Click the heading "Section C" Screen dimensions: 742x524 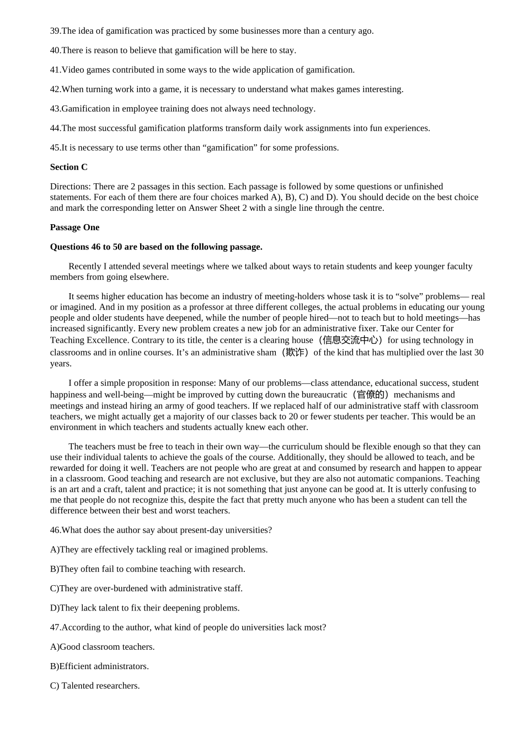[68, 167]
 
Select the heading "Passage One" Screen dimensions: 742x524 [74, 227]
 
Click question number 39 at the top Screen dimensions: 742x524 [55, 31]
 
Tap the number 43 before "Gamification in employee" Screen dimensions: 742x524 [55, 109]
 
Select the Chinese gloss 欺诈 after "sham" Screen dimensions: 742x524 [295, 352]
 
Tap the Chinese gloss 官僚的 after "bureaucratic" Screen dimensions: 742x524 [370, 394]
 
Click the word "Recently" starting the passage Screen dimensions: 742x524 [85, 266]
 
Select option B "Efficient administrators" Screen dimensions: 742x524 [99, 666]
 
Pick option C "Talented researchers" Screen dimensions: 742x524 [95, 686]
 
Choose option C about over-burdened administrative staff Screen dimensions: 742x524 [146, 589]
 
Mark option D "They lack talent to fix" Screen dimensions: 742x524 [145, 608]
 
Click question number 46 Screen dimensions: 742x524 [55, 530]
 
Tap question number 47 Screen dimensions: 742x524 [55, 627]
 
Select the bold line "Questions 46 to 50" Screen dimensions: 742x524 [156, 247]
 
